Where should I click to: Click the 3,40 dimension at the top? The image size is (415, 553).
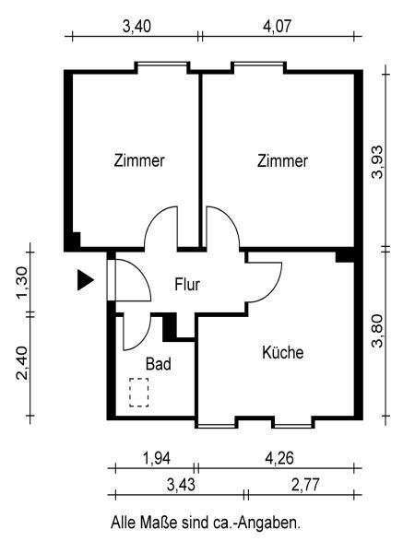tap(136, 27)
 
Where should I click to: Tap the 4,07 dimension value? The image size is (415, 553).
tap(277, 27)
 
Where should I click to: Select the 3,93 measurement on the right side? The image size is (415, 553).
tap(377, 162)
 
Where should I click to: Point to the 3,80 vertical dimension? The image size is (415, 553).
tap(377, 331)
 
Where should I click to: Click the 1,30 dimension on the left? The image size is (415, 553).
tap(22, 282)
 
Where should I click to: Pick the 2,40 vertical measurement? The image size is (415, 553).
tap(22, 363)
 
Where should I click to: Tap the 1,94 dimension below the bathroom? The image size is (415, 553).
tap(157, 458)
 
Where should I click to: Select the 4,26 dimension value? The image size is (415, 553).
tap(279, 458)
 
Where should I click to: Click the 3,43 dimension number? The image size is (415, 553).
tap(181, 486)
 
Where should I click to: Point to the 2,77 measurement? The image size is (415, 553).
tap(305, 486)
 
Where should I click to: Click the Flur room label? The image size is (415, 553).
tap(187, 285)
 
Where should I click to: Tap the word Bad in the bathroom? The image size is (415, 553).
tap(159, 364)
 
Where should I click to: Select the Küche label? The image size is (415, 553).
tap(283, 352)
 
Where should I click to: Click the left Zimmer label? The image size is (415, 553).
tap(139, 160)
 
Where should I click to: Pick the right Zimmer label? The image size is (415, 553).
tap(282, 160)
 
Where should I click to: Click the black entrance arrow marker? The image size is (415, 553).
tap(85, 281)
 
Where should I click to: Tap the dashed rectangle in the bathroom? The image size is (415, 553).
tap(138, 393)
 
